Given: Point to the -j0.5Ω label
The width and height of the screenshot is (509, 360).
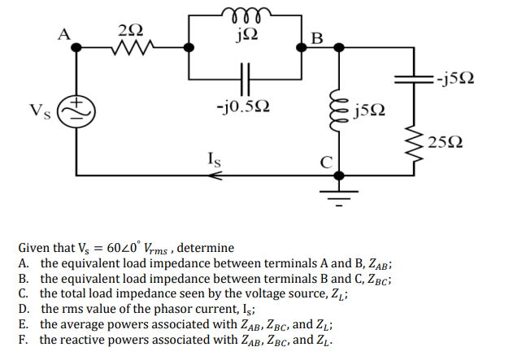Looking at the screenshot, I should coord(246,106).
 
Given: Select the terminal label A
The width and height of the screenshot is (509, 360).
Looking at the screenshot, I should coord(63,33).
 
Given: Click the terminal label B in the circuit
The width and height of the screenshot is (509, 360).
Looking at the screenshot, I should coord(316,37).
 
